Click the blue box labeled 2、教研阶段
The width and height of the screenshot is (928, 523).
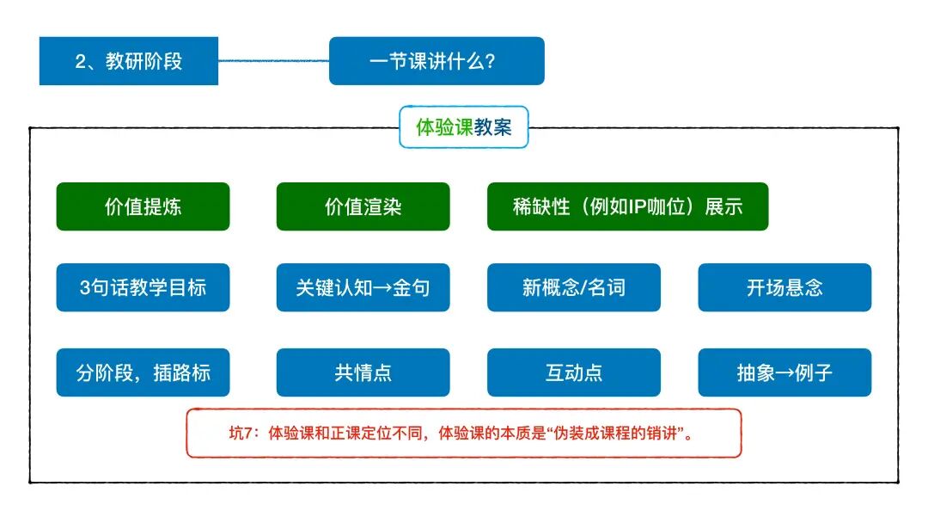point(129,61)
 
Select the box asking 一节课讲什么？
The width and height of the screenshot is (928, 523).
point(437,61)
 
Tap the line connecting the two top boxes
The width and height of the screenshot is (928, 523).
point(273,60)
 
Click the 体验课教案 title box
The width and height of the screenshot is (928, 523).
point(464,127)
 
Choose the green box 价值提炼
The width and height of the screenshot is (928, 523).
point(143,206)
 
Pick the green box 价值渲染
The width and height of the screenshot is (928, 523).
point(363,206)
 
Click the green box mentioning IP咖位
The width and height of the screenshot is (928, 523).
point(627,206)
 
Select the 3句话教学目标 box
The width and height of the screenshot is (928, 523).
point(143,287)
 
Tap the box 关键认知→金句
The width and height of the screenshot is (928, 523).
point(363,287)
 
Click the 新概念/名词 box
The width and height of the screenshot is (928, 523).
point(574,287)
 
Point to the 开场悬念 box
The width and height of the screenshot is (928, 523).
point(785,287)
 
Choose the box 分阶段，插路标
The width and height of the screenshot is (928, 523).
point(143,372)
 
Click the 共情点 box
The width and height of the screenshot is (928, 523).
point(363,372)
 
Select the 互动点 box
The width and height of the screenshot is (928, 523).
point(574,372)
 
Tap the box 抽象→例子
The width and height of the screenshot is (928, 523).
point(785,372)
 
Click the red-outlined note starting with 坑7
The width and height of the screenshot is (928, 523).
point(464,433)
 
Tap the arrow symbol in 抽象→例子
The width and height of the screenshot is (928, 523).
point(785,373)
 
